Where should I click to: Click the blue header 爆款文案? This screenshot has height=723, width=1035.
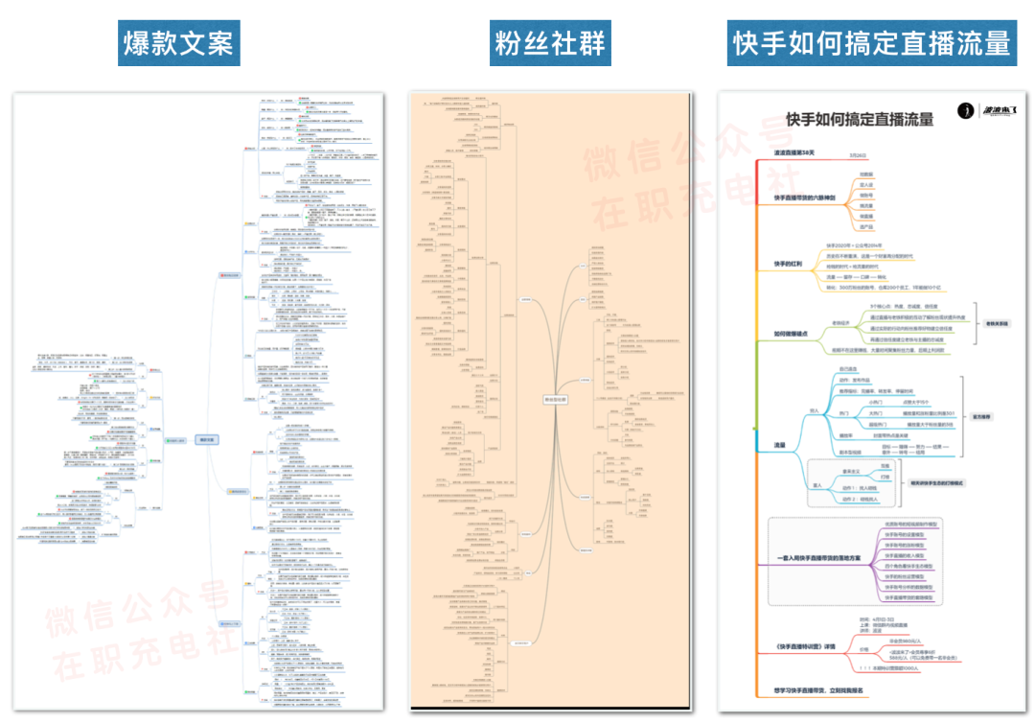coord(179,43)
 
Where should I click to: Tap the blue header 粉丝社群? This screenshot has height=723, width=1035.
coord(550,43)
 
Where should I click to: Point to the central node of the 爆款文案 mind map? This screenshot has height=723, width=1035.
coord(207,440)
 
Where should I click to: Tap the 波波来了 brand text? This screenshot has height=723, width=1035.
coord(1000,112)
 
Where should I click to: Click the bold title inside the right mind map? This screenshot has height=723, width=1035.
coord(859,119)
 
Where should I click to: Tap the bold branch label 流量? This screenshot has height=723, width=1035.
coord(780,445)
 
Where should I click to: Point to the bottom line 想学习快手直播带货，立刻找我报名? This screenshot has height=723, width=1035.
coord(819,689)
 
